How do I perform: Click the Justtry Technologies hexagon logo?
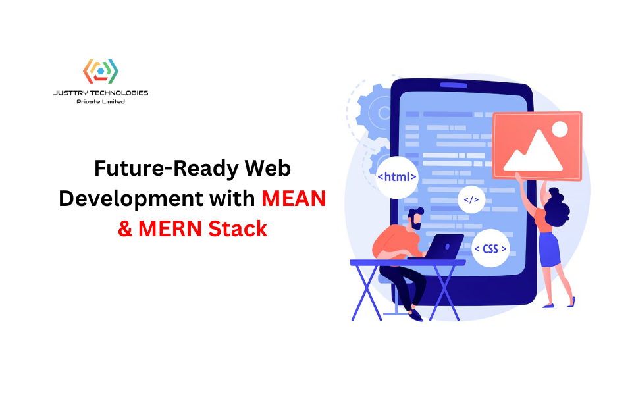[100, 71]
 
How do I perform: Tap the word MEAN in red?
[294, 198]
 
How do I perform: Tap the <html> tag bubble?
[397, 176]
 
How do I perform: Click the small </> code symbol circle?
[471, 199]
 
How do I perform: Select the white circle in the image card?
[559, 128]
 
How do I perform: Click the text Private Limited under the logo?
[101, 102]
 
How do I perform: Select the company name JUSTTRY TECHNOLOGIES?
[101, 93]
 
